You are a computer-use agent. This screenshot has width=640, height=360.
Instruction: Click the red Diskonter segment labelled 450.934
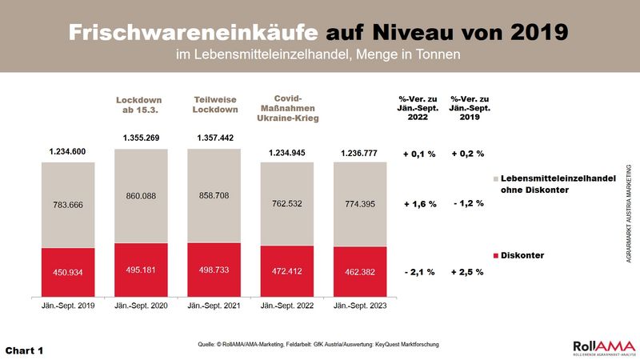[68, 271]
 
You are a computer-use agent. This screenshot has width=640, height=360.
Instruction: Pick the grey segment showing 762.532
[286, 204]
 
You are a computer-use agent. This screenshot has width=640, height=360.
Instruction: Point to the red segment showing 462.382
[359, 272]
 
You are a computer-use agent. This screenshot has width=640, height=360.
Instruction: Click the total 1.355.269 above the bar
[141, 138]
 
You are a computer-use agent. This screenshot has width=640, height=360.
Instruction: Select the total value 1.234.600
[68, 152]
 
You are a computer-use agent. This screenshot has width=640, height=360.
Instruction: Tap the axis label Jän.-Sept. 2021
[214, 306]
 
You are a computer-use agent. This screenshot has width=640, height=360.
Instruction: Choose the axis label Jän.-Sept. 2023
[359, 306]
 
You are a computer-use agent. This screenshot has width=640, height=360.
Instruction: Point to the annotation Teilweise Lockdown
[214, 104]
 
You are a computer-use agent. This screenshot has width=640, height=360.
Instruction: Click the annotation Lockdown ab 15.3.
[141, 104]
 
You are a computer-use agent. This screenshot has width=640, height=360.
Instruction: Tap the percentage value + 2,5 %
[468, 273]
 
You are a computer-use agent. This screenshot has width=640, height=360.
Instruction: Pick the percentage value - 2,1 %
[419, 273]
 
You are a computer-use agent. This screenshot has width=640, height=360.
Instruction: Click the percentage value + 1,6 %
[419, 204]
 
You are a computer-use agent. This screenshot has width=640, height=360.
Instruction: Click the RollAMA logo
[602, 346]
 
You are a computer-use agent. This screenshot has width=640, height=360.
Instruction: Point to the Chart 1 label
[24, 350]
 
